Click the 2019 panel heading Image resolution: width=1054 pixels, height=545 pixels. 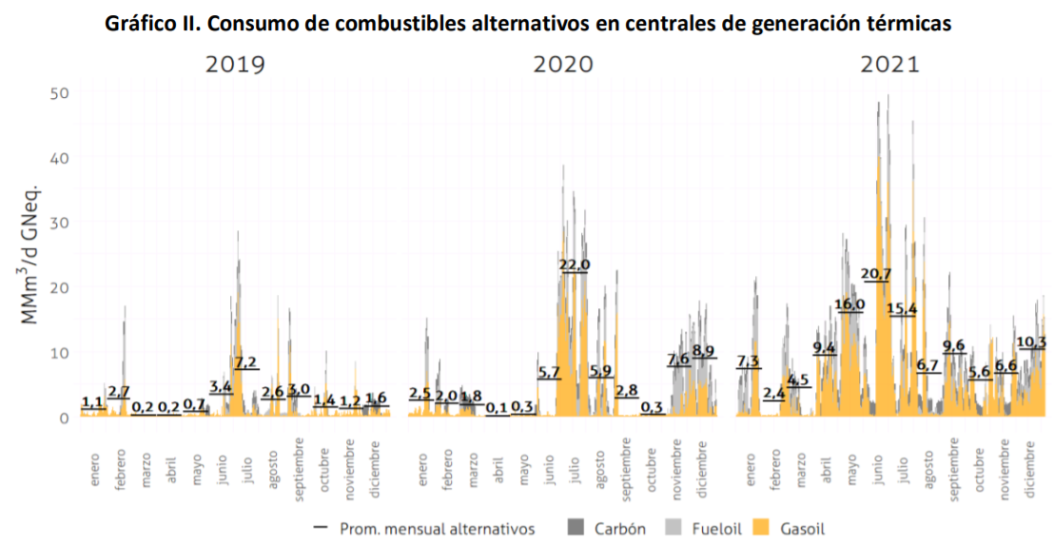(236, 66)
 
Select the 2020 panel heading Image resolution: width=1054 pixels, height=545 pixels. (563, 66)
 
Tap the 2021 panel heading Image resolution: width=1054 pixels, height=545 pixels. (890, 66)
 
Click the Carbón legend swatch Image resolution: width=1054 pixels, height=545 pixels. (576, 527)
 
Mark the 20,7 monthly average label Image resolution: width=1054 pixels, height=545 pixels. (876, 274)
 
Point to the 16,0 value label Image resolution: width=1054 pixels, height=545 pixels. (849, 304)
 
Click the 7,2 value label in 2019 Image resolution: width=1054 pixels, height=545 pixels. (245, 362)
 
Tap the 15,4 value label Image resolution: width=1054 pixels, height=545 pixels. (901, 308)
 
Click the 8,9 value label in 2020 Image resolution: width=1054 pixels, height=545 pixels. (704, 351)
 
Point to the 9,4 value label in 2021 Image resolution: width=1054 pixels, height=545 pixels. (825, 347)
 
